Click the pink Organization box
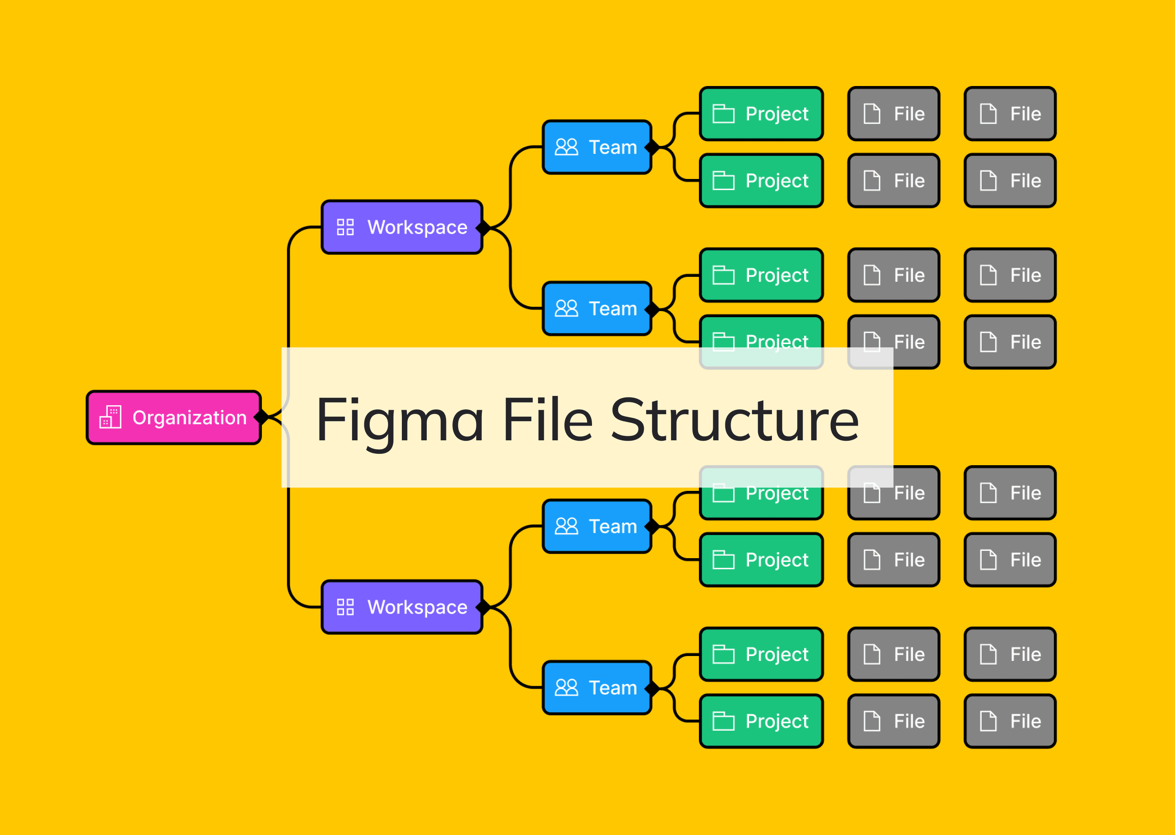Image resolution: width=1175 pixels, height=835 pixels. tap(174, 417)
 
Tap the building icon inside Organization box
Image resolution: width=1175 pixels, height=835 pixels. tap(110, 417)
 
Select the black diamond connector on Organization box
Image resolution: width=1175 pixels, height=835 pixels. tap(262, 417)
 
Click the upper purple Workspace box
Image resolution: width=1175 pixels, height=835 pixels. tap(402, 227)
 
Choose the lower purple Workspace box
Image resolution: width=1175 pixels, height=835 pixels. tap(402, 607)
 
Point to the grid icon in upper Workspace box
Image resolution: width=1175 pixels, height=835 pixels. tap(345, 227)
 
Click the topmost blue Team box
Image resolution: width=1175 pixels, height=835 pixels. tap(597, 148)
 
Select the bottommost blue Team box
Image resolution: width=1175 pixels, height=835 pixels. tap(597, 688)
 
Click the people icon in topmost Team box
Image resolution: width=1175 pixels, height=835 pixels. tap(566, 148)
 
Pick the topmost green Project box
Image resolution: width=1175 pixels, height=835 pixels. tap(761, 114)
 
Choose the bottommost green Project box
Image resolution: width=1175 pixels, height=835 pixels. tap(761, 721)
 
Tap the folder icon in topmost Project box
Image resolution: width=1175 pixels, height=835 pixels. tap(723, 114)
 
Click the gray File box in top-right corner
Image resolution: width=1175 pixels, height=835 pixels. tap(1010, 114)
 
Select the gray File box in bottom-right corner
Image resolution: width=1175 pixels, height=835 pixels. tap(1010, 721)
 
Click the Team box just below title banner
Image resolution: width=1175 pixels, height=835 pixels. tap(597, 526)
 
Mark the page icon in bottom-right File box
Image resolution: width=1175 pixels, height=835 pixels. tap(988, 721)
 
